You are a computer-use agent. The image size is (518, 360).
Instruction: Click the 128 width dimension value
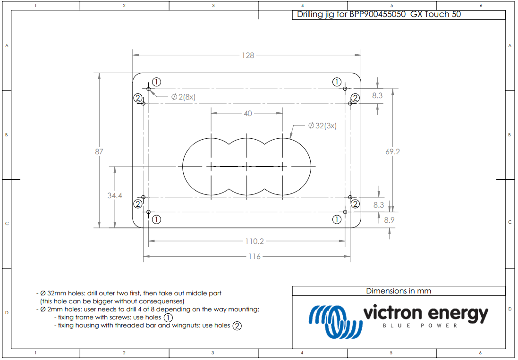click(x=248, y=55)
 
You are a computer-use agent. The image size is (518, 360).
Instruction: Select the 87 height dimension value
click(x=99, y=151)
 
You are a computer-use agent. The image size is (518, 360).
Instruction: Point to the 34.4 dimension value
click(x=114, y=195)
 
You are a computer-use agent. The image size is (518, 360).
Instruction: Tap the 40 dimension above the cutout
click(x=247, y=113)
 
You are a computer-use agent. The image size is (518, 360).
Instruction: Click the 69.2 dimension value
click(x=392, y=151)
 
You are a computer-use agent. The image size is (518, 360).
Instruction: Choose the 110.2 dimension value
click(x=254, y=241)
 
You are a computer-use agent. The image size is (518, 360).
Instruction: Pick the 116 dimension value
click(x=254, y=256)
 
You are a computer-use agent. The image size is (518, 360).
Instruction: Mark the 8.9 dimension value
click(x=389, y=220)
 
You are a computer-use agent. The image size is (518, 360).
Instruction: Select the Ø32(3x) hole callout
click(x=322, y=126)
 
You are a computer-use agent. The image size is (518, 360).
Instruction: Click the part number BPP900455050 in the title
click(x=377, y=14)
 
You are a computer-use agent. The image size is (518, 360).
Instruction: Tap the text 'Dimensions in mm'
click(x=398, y=291)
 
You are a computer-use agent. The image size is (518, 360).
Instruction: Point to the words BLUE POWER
click(x=420, y=326)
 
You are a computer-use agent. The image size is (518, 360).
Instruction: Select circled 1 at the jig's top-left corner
click(x=156, y=82)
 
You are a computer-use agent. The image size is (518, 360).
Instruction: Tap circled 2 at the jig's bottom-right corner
click(x=355, y=204)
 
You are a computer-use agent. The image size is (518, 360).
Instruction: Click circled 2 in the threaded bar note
click(x=237, y=326)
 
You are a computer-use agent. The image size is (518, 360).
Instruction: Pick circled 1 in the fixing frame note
click(x=168, y=318)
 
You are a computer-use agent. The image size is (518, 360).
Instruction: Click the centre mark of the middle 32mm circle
click(x=247, y=166)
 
